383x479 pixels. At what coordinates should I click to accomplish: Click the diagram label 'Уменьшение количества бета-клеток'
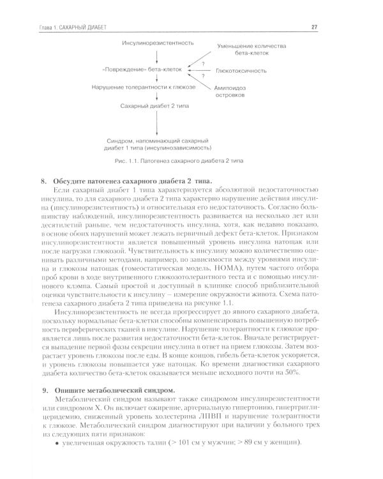pos(250,51)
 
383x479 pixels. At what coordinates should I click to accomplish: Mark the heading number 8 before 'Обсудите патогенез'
pos(43,181)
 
